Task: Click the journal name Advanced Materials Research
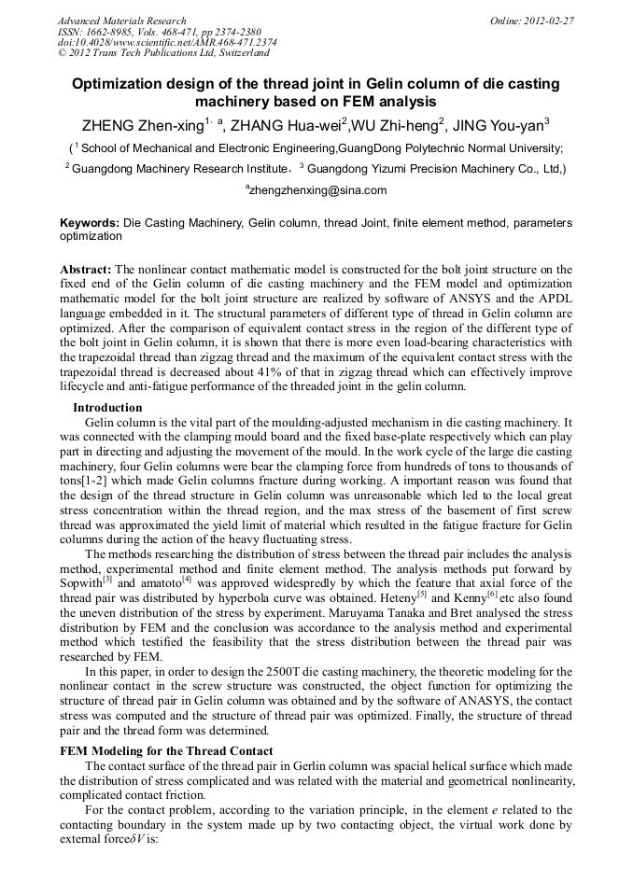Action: [x=121, y=21]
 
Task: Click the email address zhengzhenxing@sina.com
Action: [x=318, y=190]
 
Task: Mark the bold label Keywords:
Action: [x=90, y=224]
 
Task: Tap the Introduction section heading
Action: [x=107, y=408]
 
